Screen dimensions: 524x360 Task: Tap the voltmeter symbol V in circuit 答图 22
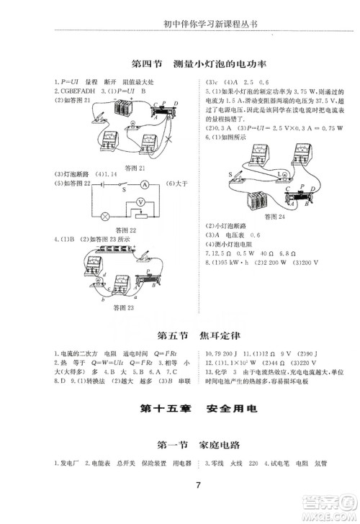coord(143,203)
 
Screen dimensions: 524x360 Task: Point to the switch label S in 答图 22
coord(124,191)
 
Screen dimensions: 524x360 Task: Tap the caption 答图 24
coord(274,216)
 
